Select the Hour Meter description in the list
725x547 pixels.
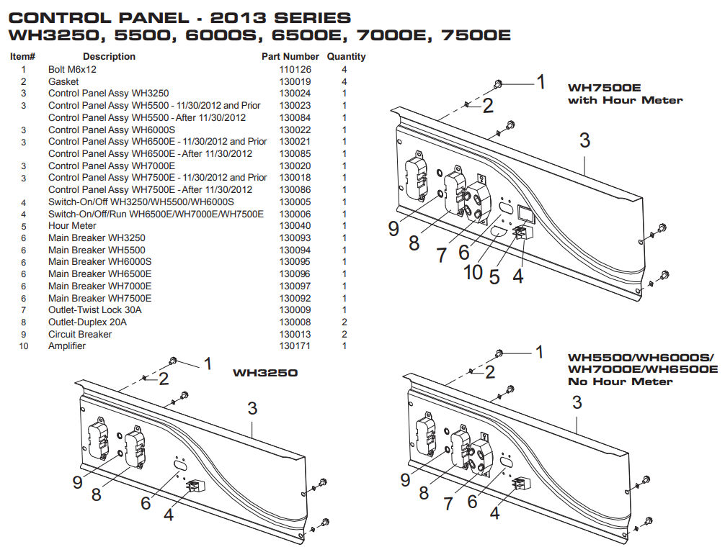click(x=72, y=226)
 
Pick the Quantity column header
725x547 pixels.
click(x=346, y=56)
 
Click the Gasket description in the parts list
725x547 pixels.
click(x=63, y=82)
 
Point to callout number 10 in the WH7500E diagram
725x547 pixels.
click(x=473, y=272)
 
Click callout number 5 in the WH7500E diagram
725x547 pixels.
click(x=494, y=276)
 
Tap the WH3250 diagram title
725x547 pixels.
click(x=265, y=374)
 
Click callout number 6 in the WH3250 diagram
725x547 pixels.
click(x=146, y=502)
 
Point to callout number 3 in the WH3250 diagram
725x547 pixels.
click(x=252, y=408)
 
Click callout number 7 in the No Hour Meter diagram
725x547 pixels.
click(x=448, y=504)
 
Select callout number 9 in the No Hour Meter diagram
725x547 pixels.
click(x=405, y=479)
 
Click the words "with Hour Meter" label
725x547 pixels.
click(x=625, y=100)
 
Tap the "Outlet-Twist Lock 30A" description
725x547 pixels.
click(x=94, y=310)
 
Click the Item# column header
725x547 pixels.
click(x=23, y=56)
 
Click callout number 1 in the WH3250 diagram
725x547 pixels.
click(x=208, y=364)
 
